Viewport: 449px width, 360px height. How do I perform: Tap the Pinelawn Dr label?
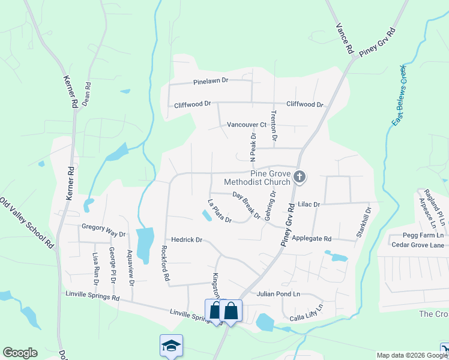pos(211,80)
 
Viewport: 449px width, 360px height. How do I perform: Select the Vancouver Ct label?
pos(246,125)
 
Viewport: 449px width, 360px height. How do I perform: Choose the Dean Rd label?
pos(86,94)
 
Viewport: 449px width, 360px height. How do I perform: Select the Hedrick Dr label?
pos(187,240)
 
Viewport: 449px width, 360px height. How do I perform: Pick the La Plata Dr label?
pos(219,211)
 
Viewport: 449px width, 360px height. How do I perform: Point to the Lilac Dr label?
pos(309,205)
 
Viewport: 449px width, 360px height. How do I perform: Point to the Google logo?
pos(20,353)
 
